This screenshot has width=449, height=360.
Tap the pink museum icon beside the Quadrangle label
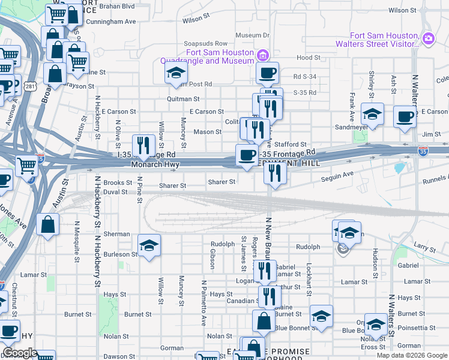coord(262,57)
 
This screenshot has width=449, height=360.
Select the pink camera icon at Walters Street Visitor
coord(428,39)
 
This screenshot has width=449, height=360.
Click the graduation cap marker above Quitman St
coord(176,74)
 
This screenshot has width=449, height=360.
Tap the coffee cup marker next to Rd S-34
coord(267,73)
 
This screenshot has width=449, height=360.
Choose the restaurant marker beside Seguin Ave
coord(275,173)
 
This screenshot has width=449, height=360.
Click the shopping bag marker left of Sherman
coord(48,225)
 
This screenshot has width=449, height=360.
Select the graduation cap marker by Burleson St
coord(149,245)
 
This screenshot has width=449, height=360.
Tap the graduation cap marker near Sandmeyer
coord(372,113)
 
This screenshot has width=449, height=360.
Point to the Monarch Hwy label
coord(155,163)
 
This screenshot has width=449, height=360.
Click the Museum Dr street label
coord(253,35)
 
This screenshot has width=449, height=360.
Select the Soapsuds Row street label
coord(206,44)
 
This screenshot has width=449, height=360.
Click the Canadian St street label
coord(241,301)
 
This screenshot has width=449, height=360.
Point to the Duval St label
coord(115,192)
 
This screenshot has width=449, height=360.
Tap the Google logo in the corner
coord(19,353)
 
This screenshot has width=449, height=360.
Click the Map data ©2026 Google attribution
coord(411,355)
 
